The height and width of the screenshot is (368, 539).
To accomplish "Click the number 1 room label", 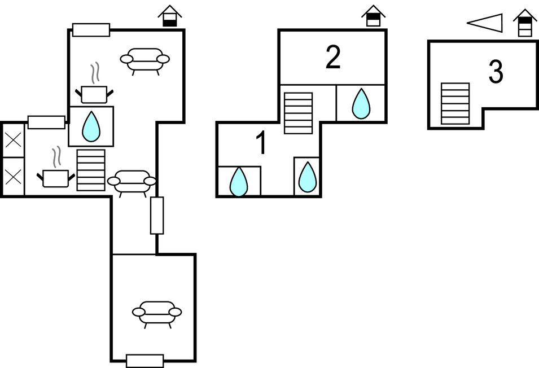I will click(261, 144).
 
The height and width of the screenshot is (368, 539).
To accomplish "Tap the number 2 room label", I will click(333, 58).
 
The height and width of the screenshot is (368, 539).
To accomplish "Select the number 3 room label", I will click(496, 72).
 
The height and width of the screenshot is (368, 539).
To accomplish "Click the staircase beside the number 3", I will click(455, 103).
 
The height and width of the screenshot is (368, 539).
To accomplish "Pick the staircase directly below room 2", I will click(298, 113).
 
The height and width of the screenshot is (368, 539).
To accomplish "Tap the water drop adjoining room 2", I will click(361, 104).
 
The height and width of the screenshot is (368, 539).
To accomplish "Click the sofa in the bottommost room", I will click(157, 312).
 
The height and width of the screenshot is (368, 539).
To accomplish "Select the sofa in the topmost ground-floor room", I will click(145, 59).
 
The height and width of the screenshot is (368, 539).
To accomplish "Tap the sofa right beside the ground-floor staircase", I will click(132, 181).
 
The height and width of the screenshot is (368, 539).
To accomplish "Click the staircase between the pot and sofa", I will click(91, 170).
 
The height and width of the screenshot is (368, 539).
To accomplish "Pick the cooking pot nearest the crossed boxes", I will click(55, 177).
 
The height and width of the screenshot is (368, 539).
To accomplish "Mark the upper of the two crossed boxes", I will click(13, 139).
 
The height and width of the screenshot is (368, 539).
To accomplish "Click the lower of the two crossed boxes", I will click(13, 177).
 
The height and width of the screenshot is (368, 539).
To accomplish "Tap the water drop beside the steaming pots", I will click(91, 126).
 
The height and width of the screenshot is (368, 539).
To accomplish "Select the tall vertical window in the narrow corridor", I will click(157, 215).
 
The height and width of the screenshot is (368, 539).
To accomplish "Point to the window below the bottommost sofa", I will click(145, 361).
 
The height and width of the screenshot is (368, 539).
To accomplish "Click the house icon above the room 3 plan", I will click(525, 23).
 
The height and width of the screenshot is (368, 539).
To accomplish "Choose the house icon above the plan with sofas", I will click(170, 16).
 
